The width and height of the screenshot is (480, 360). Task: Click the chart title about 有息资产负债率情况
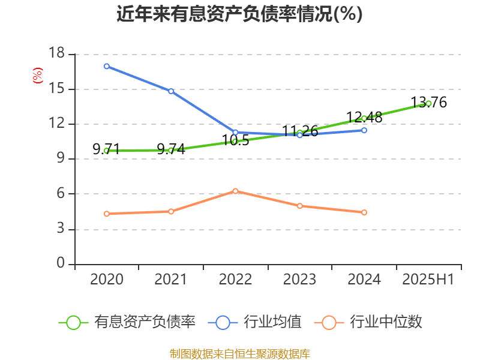click(x=239, y=14)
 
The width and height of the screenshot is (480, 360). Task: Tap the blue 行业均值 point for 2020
click(x=107, y=66)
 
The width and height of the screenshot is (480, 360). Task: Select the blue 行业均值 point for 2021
click(x=171, y=91)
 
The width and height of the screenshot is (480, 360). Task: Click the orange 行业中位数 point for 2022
click(x=235, y=191)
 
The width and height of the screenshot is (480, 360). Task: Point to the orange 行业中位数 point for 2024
click(x=364, y=212)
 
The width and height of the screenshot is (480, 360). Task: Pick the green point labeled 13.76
click(x=428, y=104)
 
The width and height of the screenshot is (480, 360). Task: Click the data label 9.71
click(x=106, y=149)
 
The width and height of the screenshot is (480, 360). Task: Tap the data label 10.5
click(x=235, y=140)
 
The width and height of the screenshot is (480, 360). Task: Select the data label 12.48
click(x=364, y=118)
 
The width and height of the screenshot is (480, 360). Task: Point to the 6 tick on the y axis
click(x=61, y=194)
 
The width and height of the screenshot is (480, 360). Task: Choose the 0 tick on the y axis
click(x=61, y=263)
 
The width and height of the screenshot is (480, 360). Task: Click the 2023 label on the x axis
click(x=299, y=279)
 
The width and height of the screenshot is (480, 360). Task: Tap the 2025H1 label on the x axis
click(x=428, y=279)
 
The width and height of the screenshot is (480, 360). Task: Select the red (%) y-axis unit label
click(x=37, y=76)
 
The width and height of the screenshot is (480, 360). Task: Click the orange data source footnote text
click(x=239, y=353)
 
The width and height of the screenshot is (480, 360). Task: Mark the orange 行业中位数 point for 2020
click(x=107, y=214)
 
